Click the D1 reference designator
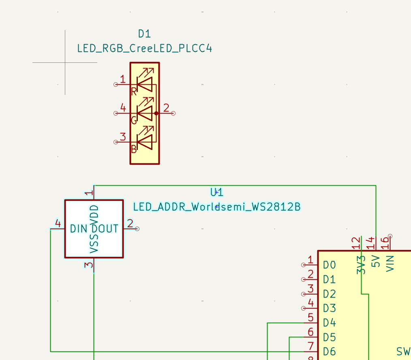(x=144, y=34)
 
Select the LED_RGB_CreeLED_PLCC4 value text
(x=144, y=49)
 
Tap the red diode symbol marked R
(x=145, y=84)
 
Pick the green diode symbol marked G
(x=145, y=114)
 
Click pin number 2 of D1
(x=166, y=108)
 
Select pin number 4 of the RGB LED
(x=123, y=108)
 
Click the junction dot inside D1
(x=156, y=114)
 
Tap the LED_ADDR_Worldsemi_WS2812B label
(x=217, y=207)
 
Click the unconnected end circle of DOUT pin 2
(x=137, y=229)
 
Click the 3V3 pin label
(x=361, y=265)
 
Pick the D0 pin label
(x=330, y=265)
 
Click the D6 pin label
(x=330, y=351)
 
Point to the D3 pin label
(x=330, y=309)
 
